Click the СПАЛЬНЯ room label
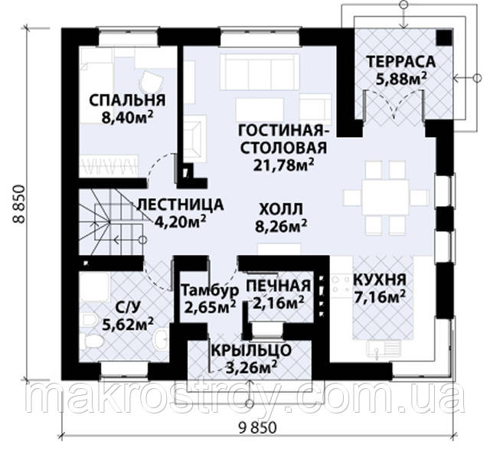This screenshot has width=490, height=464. (127, 100)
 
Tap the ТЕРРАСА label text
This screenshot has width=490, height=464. (401, 61)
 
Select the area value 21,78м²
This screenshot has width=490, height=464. (283, 165)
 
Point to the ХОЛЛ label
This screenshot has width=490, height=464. (281, 209)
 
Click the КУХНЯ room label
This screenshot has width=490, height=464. (380, 279)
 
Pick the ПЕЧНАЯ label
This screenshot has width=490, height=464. (279, 286)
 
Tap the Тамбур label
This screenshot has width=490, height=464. (210, 291)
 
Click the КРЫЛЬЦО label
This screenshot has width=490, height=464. (251, 350)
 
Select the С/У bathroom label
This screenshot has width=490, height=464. (127, 308)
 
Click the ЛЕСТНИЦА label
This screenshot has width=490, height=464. (181, 205)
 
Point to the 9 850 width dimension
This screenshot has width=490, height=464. (257, 428)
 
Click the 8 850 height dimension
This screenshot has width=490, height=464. (19, 204)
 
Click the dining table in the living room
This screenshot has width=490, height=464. (385, 197)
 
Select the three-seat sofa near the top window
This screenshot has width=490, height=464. (260, 72)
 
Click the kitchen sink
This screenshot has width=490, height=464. (384, 350)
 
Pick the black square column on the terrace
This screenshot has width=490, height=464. (444, 38)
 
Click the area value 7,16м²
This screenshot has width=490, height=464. (380, 297)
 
